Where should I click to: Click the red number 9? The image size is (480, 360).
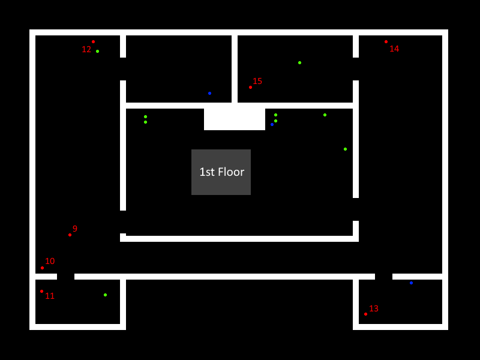pos(75,229)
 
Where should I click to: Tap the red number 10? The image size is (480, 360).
pos(50,261)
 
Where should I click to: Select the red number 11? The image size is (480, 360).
pos(50,296)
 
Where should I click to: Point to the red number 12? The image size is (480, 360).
pos(86,49)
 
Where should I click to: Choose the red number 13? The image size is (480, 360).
pos(374,308)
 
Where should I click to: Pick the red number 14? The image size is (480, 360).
pos(394,49)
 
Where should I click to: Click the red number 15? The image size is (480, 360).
pos(257,81)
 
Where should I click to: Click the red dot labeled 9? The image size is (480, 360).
pos(70,235)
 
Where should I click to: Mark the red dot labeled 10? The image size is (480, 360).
pos(42,268)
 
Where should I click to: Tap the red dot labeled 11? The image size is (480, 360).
pos(41,291)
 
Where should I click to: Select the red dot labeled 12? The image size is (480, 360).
pos(93,41)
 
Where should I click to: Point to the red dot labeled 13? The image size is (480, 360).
pos(365,314)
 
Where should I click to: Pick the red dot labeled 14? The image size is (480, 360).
pos(386,41)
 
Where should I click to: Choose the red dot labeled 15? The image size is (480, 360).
pos(250,87)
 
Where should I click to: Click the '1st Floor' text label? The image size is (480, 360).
pos(221,172)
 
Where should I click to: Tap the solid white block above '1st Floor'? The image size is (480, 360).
pos(235,119)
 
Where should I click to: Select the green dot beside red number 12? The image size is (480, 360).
pos(97,51)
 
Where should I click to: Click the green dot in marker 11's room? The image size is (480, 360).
pos(105,295)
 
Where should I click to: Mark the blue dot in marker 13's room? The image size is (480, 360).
pos(411,283)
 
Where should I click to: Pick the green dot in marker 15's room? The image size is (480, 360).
pos(299,62)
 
